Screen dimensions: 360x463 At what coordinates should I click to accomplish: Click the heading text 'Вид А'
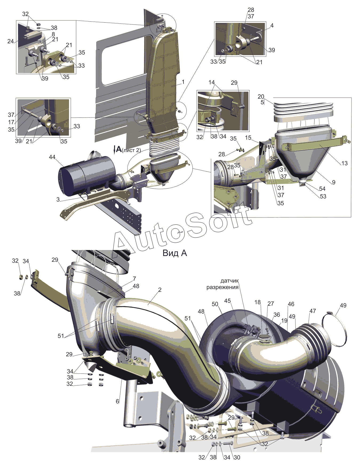click(175, 253)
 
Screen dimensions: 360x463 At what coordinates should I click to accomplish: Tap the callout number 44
click(52, 157)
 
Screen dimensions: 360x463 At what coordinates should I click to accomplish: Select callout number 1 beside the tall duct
click(183, 82)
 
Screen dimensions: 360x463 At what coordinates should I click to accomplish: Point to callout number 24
click(10, 41)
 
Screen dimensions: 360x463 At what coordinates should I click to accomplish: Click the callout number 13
click(344, 163)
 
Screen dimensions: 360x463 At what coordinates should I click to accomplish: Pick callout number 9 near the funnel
click(334, 182)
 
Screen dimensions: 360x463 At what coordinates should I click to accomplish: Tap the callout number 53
click(323, 196)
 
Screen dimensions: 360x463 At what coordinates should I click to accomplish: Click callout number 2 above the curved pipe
click(160, 290)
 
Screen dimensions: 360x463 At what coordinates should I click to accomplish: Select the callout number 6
click(117, 401)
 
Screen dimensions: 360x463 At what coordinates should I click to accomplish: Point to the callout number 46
click(291, 304)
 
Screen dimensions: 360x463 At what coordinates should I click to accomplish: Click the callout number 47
click(313, 311)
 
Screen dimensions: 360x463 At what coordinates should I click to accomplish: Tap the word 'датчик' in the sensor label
click(229, 281)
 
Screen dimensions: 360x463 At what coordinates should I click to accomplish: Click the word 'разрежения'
click(222, 287)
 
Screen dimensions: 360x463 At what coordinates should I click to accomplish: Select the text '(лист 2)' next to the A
click(131, 150)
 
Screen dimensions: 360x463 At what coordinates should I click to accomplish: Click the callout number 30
click(237, 457)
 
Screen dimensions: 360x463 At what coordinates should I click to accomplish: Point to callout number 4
click(272, 26)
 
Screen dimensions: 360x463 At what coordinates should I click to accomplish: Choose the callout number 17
click(11, 122)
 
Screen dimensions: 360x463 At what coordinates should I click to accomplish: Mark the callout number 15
click(248, 138)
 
